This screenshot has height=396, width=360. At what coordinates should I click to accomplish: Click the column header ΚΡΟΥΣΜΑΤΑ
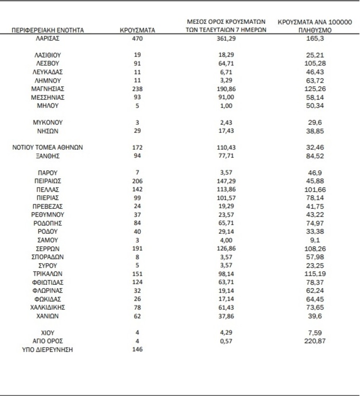[x=137, y=30]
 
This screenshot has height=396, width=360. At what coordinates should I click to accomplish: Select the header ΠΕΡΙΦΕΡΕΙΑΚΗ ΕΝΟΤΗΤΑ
[x=48, y=30]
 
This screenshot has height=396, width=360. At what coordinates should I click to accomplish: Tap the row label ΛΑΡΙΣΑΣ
[x=48, y=38]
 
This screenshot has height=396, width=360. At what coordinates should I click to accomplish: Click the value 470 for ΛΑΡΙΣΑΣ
[x=137, y=38]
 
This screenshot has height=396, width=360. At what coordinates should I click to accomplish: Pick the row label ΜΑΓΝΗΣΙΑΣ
[x=48, y=89]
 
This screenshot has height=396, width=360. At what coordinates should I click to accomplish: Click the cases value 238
[x=137, y=89]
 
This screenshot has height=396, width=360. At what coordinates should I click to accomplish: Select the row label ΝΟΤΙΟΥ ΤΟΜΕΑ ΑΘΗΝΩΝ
[x=48, y=147]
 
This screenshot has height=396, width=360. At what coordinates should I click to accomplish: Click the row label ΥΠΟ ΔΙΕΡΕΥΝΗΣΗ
[x=48, y=350]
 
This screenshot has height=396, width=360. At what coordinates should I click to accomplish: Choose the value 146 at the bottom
[x=137, y=350]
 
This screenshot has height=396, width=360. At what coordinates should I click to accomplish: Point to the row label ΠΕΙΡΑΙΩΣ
[x=48, y=181]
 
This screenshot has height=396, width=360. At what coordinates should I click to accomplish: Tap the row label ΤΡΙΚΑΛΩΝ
[x=48, y=274]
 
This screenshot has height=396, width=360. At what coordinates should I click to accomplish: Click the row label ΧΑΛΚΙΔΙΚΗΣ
[x=48, y=307]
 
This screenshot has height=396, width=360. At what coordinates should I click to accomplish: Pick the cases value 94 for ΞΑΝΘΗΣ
[x=137, y=156]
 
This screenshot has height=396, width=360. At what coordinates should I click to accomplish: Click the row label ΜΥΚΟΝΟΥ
[x=48, y=122]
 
